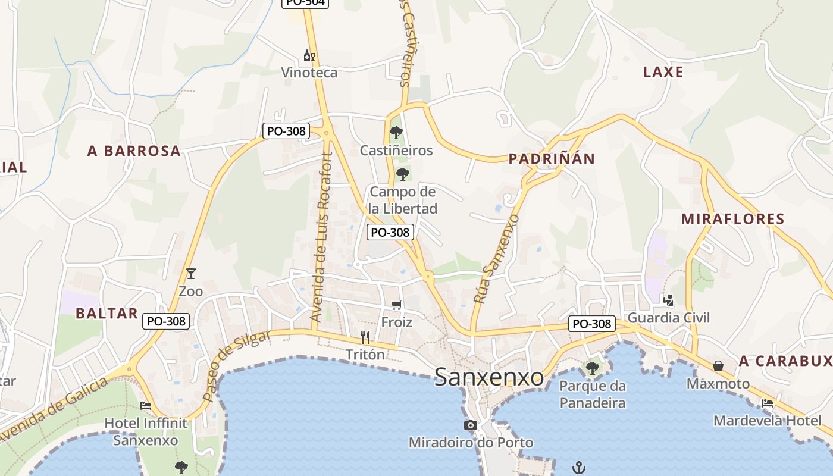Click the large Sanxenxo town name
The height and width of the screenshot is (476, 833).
(489, 377)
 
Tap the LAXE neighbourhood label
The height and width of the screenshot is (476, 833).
(663, 72)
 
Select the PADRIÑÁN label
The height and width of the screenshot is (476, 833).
(552, 158)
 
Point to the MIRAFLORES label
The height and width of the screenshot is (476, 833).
(733, 218)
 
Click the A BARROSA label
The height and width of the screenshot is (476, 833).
(134, 151)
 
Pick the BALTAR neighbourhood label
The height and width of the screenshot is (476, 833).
(107, 314)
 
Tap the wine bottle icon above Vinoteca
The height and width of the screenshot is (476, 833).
(309, 56)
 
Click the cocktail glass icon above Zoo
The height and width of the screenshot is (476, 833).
(191, 274)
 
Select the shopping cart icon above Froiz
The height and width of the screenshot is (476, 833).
(397, 305)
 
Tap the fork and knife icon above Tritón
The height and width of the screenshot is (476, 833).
(365, 337)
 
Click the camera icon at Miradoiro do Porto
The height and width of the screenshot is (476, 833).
(471, 425)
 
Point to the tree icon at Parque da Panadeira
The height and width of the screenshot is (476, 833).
(592, 368)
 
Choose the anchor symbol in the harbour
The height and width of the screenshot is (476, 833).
(578, 468)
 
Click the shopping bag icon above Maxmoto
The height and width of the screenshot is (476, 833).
(718, 365)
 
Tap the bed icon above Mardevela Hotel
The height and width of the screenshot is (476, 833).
(768, 403)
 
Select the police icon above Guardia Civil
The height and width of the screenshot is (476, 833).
(669, 300)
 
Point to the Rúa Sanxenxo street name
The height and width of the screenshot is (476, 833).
(496, 259)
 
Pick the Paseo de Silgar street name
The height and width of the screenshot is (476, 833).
(237, 365)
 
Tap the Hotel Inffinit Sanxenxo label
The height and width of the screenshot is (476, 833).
(146, 432)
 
